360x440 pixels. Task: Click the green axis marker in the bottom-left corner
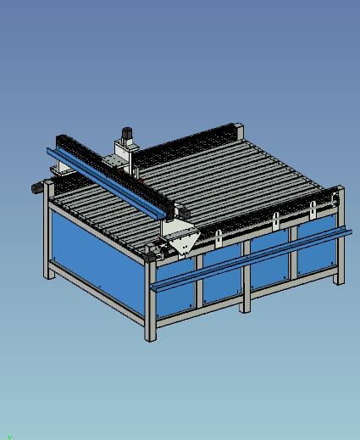[x=9, y=437]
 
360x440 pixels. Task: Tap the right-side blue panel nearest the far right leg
[x=318, y=251]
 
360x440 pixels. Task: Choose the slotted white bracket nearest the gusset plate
[x=219, y=238]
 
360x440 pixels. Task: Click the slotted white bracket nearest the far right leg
[x=313, y=209]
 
